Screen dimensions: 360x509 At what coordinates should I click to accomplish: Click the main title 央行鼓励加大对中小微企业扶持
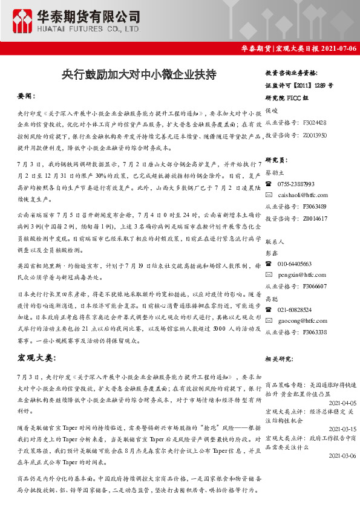click(138, 74)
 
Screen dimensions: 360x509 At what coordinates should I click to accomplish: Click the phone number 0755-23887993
click(296, 184)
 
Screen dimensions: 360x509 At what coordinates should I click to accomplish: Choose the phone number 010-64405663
click(295, 264)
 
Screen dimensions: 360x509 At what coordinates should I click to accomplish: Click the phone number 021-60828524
click(295, 310)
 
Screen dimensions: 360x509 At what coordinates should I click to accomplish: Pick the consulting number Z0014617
click(312, 217)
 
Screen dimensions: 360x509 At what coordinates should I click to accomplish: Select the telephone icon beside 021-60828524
click(269, 310)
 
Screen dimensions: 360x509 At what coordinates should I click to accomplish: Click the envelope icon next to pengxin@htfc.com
click(269, 274)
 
